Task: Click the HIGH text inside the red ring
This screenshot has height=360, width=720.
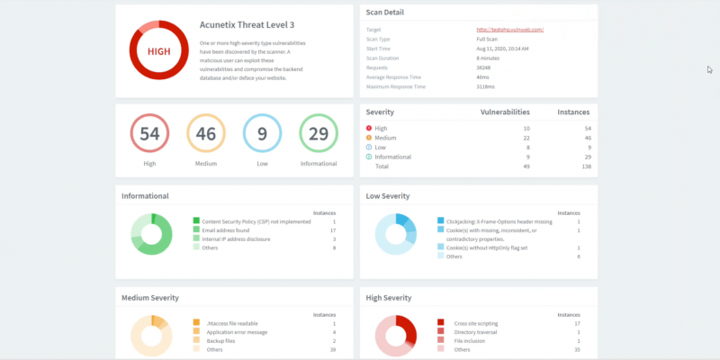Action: coord(158,51)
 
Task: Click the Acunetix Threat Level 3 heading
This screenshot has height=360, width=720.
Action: coord(247,25)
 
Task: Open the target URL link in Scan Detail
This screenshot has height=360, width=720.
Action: coord(509,30)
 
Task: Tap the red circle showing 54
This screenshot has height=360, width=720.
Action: coord(149,134)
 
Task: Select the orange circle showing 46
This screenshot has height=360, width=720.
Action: coord(205,134)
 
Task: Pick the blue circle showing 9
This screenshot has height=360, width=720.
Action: coord(262,134)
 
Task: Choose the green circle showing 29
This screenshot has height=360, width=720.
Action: coord(319,134)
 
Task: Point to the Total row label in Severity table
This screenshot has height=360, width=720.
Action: coord(382,166)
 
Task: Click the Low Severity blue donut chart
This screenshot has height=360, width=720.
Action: coord(397,234)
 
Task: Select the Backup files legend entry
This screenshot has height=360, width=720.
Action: coord(220,340)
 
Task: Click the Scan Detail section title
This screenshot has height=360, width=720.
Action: coord(385,13)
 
